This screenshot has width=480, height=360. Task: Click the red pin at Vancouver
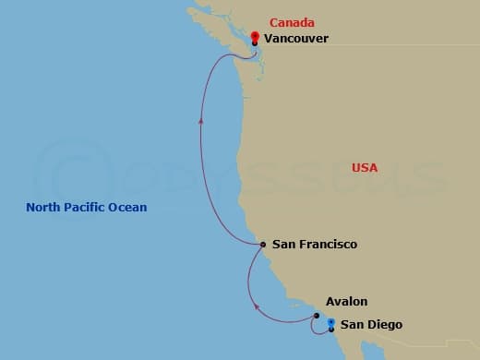(255, 38)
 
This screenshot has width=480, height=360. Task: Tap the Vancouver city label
(295, 39)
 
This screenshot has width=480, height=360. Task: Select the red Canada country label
(292, 22)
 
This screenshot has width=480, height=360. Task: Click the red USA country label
(365, 167)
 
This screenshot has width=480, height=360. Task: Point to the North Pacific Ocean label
(87, 208)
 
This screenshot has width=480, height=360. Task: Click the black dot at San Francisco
(263, 245)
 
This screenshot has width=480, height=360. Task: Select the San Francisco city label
(314, 245)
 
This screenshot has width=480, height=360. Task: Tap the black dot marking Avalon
(316, 315)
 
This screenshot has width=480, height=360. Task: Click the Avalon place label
(346, 302)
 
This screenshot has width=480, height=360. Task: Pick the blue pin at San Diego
(330, 323)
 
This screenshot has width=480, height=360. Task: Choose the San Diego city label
(371, 324)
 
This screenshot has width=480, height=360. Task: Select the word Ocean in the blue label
(129, 208)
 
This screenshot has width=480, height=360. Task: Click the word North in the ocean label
(42, 208)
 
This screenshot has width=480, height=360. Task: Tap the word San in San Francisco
(282, 245)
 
